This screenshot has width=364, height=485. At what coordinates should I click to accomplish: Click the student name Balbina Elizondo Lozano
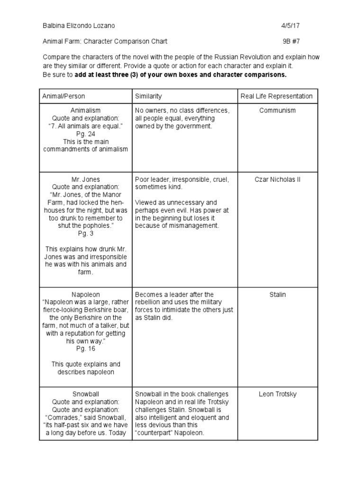(x=79, y=26)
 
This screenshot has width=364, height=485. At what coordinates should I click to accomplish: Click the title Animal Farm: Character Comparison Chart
(x=105, y=41)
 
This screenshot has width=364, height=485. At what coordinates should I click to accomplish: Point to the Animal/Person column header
(x=64, y=96)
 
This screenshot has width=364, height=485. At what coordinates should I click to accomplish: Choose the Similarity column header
(x=148, y=96)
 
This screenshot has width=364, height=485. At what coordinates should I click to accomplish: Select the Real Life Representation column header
(x=277, y=96)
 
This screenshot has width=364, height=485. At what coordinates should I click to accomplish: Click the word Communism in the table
(x=277, y=110)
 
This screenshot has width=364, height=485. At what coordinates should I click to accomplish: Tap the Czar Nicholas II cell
(x=277, y=180)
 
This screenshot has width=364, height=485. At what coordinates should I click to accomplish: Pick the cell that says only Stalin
(x=277, y=295)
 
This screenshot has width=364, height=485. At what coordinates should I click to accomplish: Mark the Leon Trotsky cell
(x=277, y=394)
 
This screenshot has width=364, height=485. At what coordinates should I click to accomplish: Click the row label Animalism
(x=85, y=110)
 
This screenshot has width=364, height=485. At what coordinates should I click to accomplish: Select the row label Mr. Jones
(x=85, y=180)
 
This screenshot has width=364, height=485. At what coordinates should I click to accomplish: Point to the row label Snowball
(x=85, y=394)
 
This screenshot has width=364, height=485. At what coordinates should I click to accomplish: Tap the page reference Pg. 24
(x=85, y=134)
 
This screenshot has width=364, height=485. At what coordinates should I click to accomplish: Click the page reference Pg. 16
(x=85, y=349)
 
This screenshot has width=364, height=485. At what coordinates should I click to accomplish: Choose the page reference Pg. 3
(x=85, y=234)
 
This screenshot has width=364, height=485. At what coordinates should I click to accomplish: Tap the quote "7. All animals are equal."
(x=85, y=126)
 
